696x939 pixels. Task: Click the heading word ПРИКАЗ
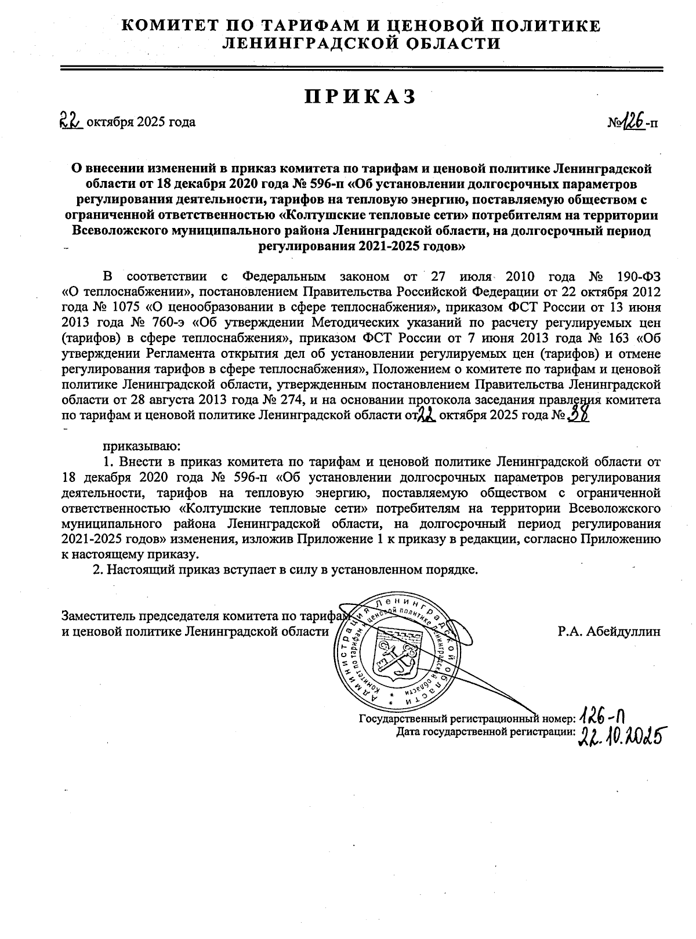click(360, 97)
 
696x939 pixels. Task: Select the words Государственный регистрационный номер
click(467, 719)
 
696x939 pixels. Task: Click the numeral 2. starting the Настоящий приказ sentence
click(98, 570)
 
